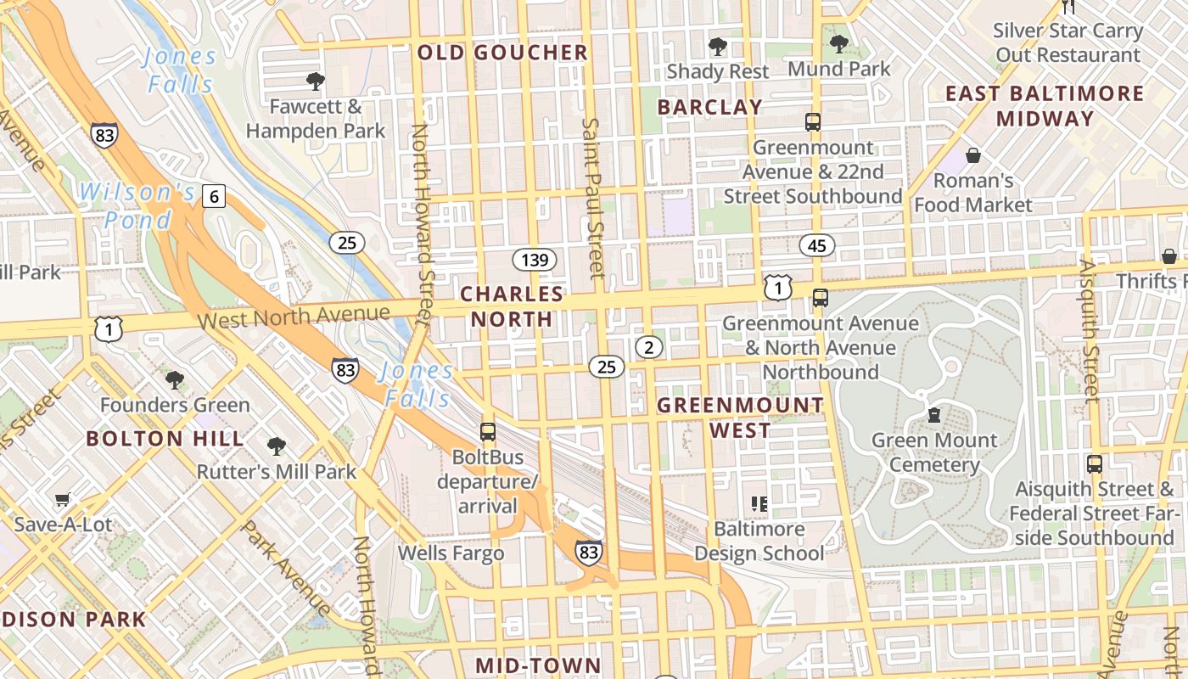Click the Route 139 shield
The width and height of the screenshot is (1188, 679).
[x=535, y=260]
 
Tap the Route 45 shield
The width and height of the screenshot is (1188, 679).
[x=816, y=246]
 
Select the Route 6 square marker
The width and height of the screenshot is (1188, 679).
[x=214, y=197]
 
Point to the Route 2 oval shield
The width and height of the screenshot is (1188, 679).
[x=649, y=346]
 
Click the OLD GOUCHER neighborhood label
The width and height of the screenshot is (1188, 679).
[x=502, y=53]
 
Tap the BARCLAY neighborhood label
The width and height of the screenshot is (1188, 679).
[x=710, y=107]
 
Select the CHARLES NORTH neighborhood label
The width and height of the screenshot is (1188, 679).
[x=512, y=306]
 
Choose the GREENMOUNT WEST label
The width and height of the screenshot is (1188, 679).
[x=741, y=418]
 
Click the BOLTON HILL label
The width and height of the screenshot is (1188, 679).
[x=165, y=439]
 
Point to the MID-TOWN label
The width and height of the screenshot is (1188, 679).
[x=538, y=665]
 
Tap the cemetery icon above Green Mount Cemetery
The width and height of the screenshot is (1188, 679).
[x=934, y=415]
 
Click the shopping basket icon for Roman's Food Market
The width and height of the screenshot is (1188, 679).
[x=973, y=155]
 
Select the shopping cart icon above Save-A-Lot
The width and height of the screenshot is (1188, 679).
[x=62, y=500]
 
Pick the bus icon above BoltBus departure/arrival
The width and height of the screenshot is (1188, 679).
[x=487, y=431]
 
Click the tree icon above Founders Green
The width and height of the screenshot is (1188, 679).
[x=175, y=379]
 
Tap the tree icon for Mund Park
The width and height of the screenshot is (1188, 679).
[x=839, y=43]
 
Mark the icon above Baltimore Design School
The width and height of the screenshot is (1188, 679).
[x=759, y=504]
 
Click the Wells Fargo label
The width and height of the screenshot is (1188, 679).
[x=451, y=553]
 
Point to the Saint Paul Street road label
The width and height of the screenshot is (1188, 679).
[x=592, y=197]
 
